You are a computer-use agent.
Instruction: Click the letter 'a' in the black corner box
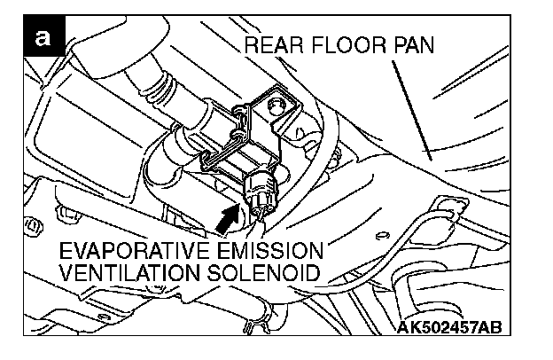[x=41, y=39]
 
